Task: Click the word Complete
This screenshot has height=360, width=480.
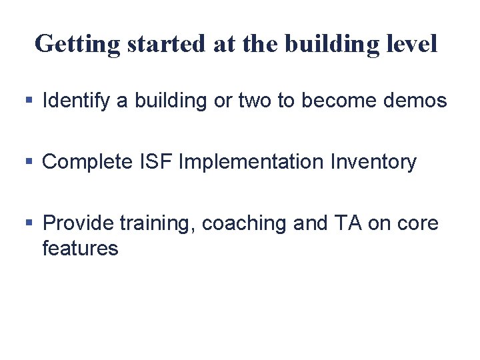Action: point(87,162)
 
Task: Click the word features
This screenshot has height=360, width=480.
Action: point(80,249)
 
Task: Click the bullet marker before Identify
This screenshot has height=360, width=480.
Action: point(28,101)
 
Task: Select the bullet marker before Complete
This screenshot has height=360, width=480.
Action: point(28,162)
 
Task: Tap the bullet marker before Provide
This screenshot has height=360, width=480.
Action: point(28,223)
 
